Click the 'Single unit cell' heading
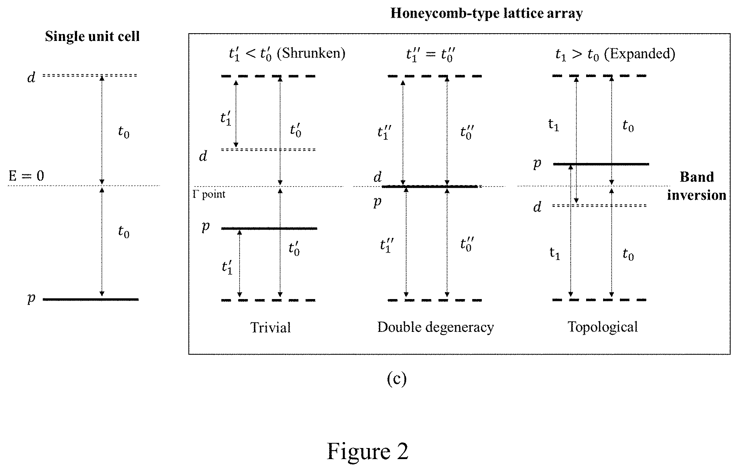[92, 37]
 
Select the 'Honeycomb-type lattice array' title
[486, 14]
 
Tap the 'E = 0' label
[26, 176]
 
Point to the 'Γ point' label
[209, 194]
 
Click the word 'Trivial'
[271, 327]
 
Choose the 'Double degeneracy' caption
[435, 327]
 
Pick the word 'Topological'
[602, 327]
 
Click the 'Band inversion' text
[696, 186]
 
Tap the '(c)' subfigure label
[396, 379]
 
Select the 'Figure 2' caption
[368, 451]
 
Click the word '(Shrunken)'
[311, 54]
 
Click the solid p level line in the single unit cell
[91, 299]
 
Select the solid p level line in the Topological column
[601, 164]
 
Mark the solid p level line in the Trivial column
[269, 229]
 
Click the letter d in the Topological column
[537, 207]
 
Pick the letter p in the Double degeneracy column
[377, 202]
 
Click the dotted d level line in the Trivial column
[268, 150]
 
